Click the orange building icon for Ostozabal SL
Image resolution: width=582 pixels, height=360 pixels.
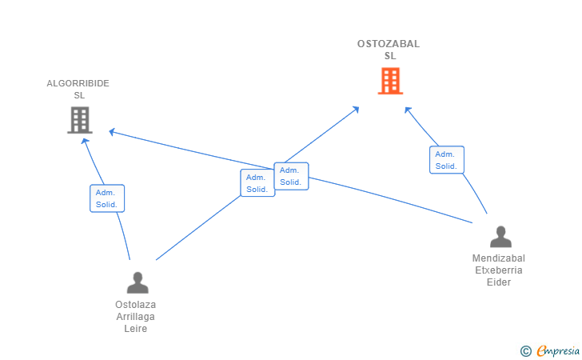pyautogui.click(x=390, y=81)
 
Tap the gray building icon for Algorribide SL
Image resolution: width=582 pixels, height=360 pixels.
pyautogui.click(x=80, y=120)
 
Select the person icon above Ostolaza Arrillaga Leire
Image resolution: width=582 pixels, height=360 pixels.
pyautogui.click(x=138, y=282)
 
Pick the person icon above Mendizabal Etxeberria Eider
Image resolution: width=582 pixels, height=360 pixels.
pyautogui.click(x=500, y=237)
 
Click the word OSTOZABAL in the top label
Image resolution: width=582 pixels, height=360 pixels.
pyautogui.click(x=389, y=44)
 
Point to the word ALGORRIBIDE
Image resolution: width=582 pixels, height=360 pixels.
pyautogui.click(x=78, y=83)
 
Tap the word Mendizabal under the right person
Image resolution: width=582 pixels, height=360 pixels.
pyautogui.click(x=499, y=258)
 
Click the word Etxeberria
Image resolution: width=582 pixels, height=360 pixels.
pyautogui.click(x=499, y=270)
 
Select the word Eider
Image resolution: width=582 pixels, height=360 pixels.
pyautogui.click(x=499, y=282)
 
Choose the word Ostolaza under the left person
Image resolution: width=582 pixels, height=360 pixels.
pyautogui.click(x=135, y=305)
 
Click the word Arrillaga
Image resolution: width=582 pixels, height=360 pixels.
pyautogui.click(x=135, y=317)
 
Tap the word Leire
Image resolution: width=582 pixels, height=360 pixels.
pyautogui.click(x=135, y=329)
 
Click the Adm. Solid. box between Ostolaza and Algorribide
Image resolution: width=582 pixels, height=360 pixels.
pyautogui.click(x=107, y=198)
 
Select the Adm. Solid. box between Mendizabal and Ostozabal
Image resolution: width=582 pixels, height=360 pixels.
pyautogui.click(x=447, y=160)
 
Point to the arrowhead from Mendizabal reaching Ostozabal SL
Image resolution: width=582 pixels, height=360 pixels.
pyautogui.click(x=408, y=110)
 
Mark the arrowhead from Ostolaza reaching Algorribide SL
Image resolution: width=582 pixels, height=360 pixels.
pyautogui.click(x=85, y=141)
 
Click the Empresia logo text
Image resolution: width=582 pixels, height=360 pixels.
pyautogui.click(x=558, y=350)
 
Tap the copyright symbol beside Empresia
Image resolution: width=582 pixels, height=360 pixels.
pyautogui.click(x=525, y=351)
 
